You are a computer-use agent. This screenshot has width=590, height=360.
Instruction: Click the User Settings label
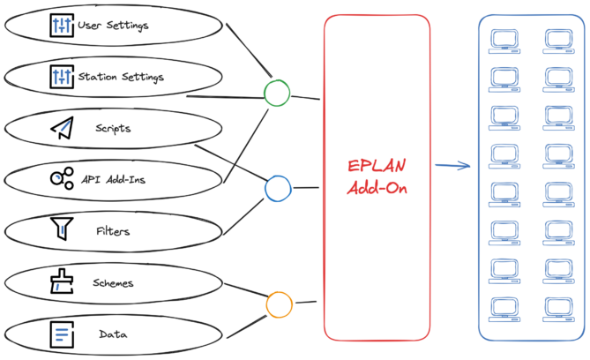pos(113,25)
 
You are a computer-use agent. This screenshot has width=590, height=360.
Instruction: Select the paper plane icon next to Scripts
pos(61,129)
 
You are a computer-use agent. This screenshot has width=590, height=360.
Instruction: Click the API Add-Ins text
pos(113,180)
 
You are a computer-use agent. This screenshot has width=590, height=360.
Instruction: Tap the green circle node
pos(277,93)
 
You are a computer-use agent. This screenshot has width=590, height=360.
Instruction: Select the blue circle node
pos(278,187)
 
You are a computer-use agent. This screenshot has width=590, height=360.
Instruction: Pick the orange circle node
pos(279,304)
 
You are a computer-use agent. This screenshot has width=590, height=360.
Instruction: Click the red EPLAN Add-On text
pos(377,176)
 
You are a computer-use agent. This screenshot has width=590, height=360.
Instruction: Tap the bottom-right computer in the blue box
pos(559,310)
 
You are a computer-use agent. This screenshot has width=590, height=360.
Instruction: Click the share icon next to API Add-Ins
pos(61,179)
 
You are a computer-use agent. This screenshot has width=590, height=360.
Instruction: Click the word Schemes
pos(113,283)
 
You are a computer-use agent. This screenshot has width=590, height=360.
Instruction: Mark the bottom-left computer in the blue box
pos(504,310)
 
